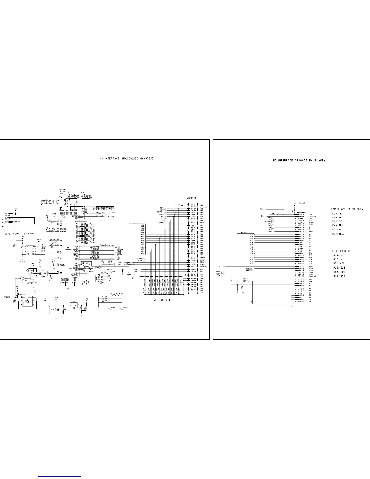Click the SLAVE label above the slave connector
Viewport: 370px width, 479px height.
303,203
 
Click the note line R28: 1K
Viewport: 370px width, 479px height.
336,213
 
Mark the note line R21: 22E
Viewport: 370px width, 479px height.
338,263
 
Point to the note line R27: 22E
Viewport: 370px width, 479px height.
338,276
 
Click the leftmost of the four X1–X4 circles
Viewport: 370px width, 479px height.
113,294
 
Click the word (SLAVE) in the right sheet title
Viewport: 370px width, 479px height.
319,161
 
